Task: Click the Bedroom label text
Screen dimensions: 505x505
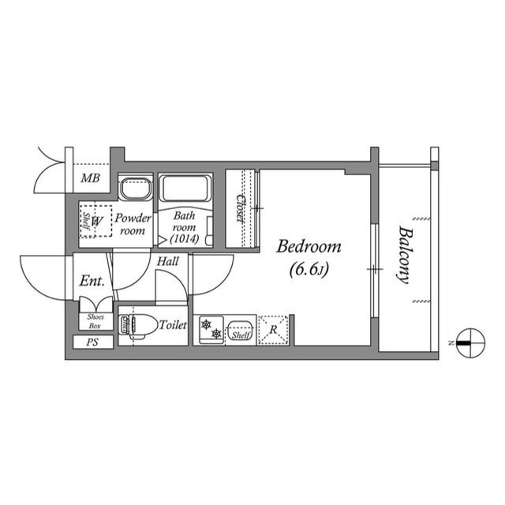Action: pyautogui.click(x=309, y=247)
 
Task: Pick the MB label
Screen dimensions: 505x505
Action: pyautogui.click(x=90, y=178)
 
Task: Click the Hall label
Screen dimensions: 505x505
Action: pyautogui.click(x=166, y=261)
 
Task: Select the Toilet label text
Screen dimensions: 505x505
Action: pyautogui.click(x=172, y=324)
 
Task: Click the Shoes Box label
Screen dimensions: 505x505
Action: pyautogui.click(x=95, y=321)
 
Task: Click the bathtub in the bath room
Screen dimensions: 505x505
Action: pyautogui.click(x=184, y=190)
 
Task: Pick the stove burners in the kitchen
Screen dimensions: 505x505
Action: pyautogui.click(x=210, y=331)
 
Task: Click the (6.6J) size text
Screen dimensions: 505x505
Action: pyautogui.click(x=309, y=271)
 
